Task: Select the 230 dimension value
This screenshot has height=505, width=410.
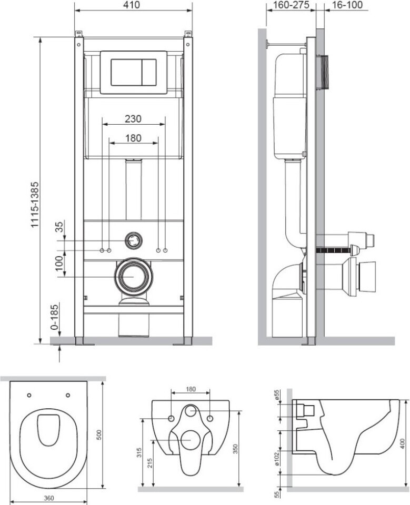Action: tap(133, 119)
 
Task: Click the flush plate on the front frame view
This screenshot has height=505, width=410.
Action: tap(134, 72)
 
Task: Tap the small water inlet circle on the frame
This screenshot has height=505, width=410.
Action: tap(134, 241)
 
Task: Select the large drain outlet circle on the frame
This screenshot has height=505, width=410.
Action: tap(133, 276)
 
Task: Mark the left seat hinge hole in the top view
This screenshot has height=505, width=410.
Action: tap(29, 395)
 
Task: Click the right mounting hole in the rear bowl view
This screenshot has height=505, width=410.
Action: tap(210, 418)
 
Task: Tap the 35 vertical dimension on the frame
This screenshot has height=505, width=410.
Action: tap(59, 227)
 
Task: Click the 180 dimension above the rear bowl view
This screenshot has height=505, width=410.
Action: tap(191, 389)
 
